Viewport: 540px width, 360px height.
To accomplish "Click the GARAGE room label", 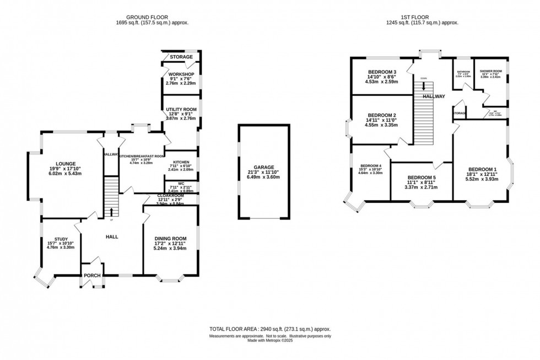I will [x=264, y=167].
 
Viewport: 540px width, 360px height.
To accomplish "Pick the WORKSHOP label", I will [x=181, y=74].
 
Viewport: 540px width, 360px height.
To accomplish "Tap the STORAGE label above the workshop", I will [x=181, y=57].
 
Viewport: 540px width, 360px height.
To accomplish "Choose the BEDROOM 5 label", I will [x=420, y=177].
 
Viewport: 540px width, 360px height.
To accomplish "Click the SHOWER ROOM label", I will [x=490, y=71].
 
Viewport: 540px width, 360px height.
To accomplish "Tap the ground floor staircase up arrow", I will [x=112, y=212].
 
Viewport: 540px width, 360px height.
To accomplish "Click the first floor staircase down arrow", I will [x=423, y=86].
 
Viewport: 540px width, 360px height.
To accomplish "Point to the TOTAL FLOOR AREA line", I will [x=270, y=329].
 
